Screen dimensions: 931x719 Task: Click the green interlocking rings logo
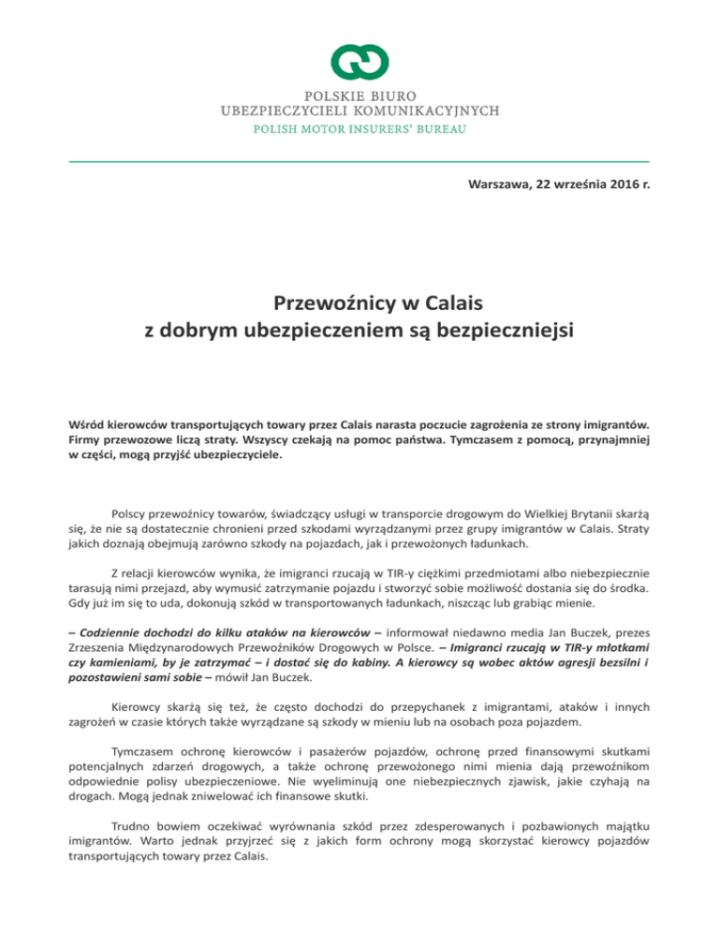click(359, 62)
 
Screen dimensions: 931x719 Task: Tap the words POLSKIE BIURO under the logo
click(359, 95)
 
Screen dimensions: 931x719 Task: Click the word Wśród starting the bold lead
click(91, 422)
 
